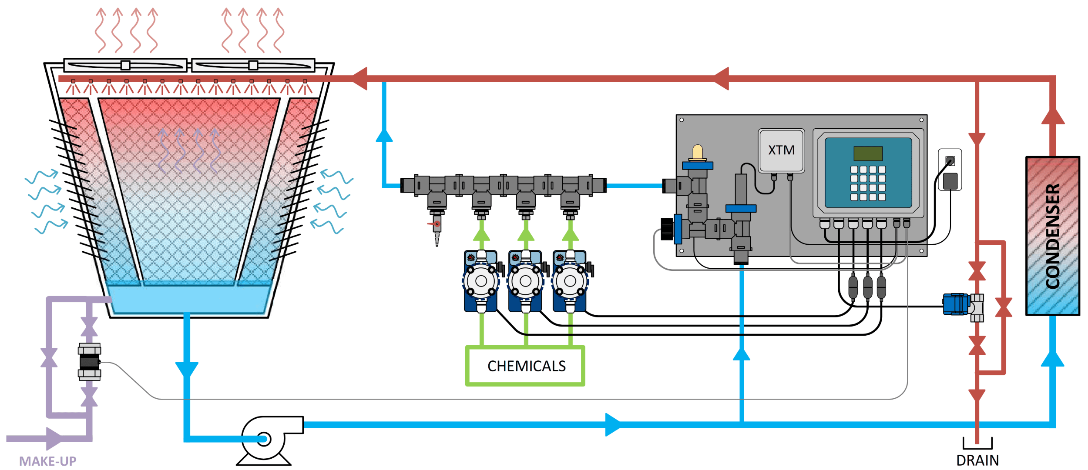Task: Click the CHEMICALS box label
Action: point(526,366)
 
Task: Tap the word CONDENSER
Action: point(1052,236)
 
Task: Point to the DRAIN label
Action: point(977,460)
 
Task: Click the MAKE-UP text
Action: point(47,461)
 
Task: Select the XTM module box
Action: point(781,150)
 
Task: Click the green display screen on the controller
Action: point(868,153)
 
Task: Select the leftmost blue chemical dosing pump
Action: point(481,281)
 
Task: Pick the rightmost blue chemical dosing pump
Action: point(570,281)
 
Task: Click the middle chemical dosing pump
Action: point(525,281)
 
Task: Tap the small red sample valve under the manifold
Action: point(437,224)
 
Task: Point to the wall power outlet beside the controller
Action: point(950,170)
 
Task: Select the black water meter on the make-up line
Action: point(89,362)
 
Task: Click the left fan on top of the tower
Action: point(125,66)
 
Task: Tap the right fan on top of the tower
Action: point(253,66)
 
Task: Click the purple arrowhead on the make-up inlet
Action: point(54,439)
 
